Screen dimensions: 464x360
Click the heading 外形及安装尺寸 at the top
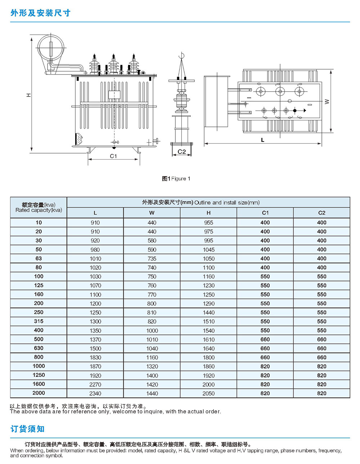tap(40, 13)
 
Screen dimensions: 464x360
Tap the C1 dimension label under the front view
tap(113, 156)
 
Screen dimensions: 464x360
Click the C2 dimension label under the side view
tap(182, 152)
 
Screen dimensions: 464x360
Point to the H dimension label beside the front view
tap(28, 95)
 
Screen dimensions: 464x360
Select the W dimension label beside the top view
tap(327, 102)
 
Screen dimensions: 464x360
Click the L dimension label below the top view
tap(263, 140)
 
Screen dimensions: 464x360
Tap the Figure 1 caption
tap(176, 179)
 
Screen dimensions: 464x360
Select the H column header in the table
tap(208, 213)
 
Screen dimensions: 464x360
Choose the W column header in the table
tap(152, 213)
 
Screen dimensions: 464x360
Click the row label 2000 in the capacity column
tap(39, 393)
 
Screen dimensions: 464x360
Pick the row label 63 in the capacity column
tap(39, 258)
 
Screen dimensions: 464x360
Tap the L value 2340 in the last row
tap(95, 393)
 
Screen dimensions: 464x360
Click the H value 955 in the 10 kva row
tap(208, 223)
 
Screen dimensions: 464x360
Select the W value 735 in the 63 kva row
tap(152, 259)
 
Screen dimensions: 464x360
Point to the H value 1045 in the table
tap(208, 250)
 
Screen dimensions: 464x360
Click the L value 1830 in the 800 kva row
tap(95, 357)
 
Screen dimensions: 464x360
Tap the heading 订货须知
tap(27, 429)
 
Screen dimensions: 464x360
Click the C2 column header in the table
tap(321, 213)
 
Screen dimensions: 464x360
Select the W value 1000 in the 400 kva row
tap(152, 330)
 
